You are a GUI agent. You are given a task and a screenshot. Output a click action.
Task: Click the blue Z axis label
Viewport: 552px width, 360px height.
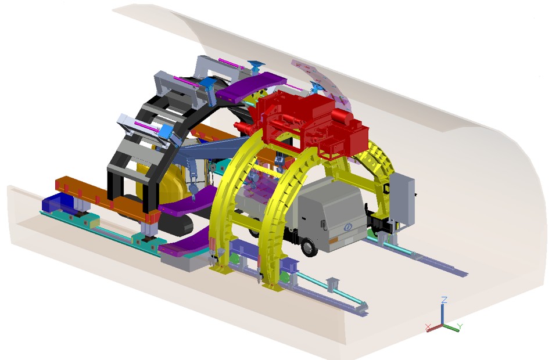[445, 300]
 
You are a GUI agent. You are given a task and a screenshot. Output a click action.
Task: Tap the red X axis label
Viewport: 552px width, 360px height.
[428, 327]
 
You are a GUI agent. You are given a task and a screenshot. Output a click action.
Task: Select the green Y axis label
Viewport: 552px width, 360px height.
[460, 326]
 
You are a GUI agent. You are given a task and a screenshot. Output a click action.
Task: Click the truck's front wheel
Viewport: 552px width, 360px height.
[309, 247]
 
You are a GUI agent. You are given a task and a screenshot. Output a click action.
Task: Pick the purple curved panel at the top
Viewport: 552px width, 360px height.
[250, 85]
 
